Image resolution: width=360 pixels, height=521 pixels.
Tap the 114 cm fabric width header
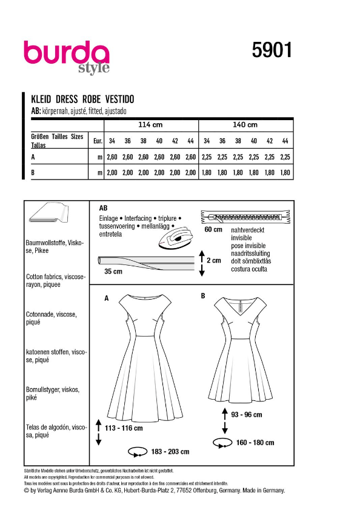pos(150,125)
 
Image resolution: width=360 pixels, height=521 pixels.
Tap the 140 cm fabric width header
pos(245,125)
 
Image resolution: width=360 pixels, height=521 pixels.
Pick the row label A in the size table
pos(32,156)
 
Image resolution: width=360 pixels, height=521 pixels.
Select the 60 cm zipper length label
pos(213,230)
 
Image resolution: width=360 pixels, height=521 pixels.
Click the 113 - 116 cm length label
pos(124,428)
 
